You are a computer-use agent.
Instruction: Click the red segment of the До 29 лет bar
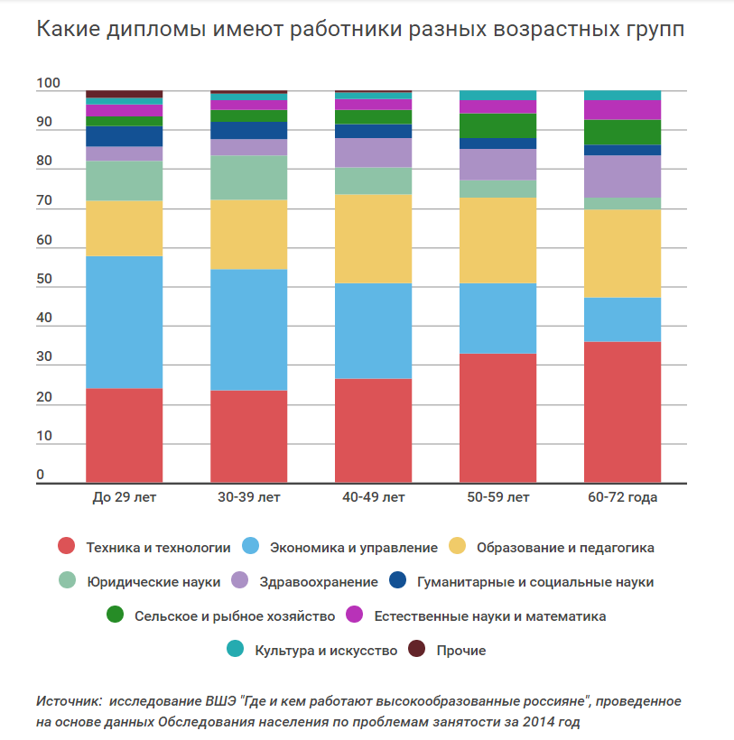tap(125, 435)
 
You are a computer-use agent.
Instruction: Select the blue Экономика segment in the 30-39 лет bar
tap(249, 329)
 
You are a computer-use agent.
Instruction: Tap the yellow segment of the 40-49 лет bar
tap(373, 238)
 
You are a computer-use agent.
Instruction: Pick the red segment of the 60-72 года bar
tap(622, 412)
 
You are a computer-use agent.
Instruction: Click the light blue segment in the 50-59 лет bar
tap(497, 318)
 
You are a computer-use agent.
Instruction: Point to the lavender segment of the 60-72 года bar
tap(622, 176)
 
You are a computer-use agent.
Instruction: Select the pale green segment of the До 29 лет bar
tap(125, 180)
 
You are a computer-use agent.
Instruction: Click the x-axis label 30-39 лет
tap(249, 497)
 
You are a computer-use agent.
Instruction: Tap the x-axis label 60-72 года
tap(622, 497)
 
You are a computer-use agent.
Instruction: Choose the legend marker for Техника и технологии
tap(66, 547)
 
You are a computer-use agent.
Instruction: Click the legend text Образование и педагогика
tap(565, 547)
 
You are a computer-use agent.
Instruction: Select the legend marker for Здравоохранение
tap(240, 581)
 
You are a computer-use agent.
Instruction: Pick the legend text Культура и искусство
tap(326, 650)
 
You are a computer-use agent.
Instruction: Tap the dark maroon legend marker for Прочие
tap(417, 650)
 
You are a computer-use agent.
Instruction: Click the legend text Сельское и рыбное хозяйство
tap(235, 615)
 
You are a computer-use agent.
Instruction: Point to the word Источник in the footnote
tap(69, 701)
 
